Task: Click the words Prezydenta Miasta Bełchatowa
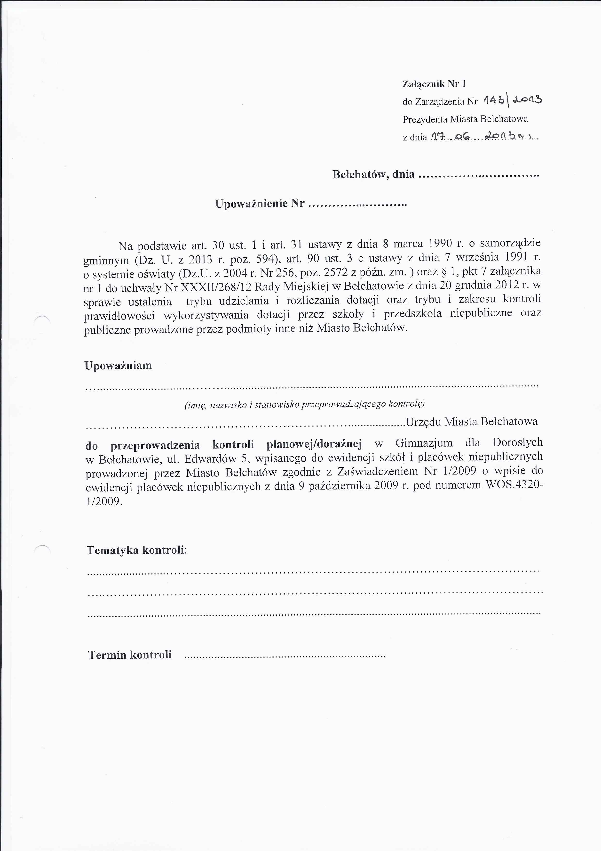point(465,119)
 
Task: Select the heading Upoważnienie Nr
point(260,204)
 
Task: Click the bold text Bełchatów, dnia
point(373,174)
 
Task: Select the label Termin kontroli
point(130,655)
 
